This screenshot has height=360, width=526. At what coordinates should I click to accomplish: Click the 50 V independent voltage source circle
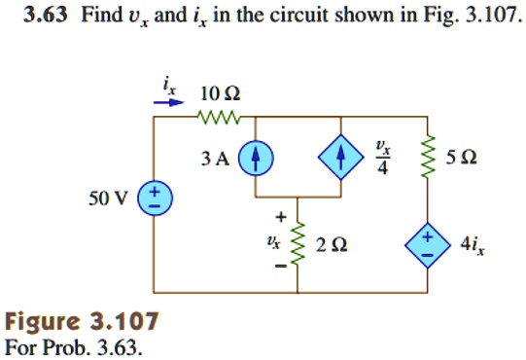[x=155, y=198]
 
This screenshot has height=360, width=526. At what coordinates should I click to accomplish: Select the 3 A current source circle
[x=256, y=158]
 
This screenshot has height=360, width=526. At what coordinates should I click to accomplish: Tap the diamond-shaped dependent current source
[x=341, y=157]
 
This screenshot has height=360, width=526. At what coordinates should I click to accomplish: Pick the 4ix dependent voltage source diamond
[x=428, y=245]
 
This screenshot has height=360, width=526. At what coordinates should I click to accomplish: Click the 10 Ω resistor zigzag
[x=219, y=117]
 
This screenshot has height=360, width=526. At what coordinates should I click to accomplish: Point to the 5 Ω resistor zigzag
[x=429, y=157]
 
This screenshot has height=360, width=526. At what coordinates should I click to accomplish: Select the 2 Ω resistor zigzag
[x=298, y=243]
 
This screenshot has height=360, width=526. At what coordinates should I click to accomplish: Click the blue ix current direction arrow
[x=169, y=102]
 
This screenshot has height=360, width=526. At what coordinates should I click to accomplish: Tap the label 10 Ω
[x=220, y=93]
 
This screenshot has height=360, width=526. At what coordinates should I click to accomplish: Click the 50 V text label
[x=108, y=198]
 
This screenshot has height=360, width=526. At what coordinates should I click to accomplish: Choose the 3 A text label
[x=216, y=159]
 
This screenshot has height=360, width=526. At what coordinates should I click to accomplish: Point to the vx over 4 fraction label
[x=383, y=158]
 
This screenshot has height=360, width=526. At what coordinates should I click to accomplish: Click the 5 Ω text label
[x=461, y=158]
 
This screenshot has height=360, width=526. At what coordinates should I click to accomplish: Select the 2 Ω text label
[x=332, y=245]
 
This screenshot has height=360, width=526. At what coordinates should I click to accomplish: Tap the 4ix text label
[x=473, y=245]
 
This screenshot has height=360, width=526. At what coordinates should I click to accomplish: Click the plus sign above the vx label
[x=281, y=217]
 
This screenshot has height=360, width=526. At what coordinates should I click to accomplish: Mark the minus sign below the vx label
[x=281, y=267]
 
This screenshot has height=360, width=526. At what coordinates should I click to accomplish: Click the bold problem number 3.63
[x=46, y=15]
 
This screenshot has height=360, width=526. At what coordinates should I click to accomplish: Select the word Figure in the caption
[x=43, y=322]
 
